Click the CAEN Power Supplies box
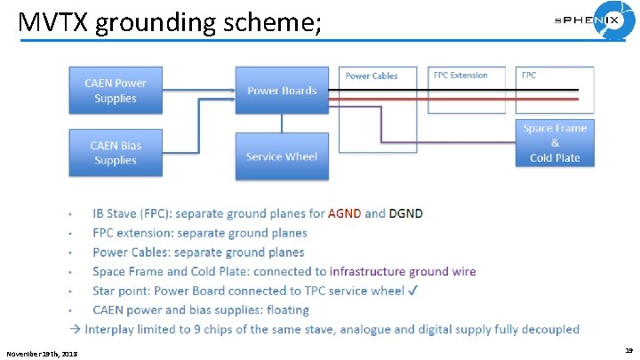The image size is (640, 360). [x=116, y=90]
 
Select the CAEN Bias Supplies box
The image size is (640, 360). [x=116, y=152]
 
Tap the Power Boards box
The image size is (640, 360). [x=281, y=90]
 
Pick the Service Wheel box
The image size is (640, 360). [x=281, y=156]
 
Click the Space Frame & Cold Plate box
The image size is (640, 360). [x=555, y=142]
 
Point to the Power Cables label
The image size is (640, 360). [x=372, y=76]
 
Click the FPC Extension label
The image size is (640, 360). [x=460, y=76]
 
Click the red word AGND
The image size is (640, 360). [x=344, y=213]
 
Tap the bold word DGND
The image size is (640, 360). [x=405, y=213]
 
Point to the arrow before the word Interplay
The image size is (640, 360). [x=76, y=330]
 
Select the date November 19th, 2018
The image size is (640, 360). [x=42, y=354]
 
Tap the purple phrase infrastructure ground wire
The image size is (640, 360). [x=402, y=271]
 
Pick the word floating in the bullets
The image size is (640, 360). [x=287, y=310]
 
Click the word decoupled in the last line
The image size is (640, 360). [x=548, y=330]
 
